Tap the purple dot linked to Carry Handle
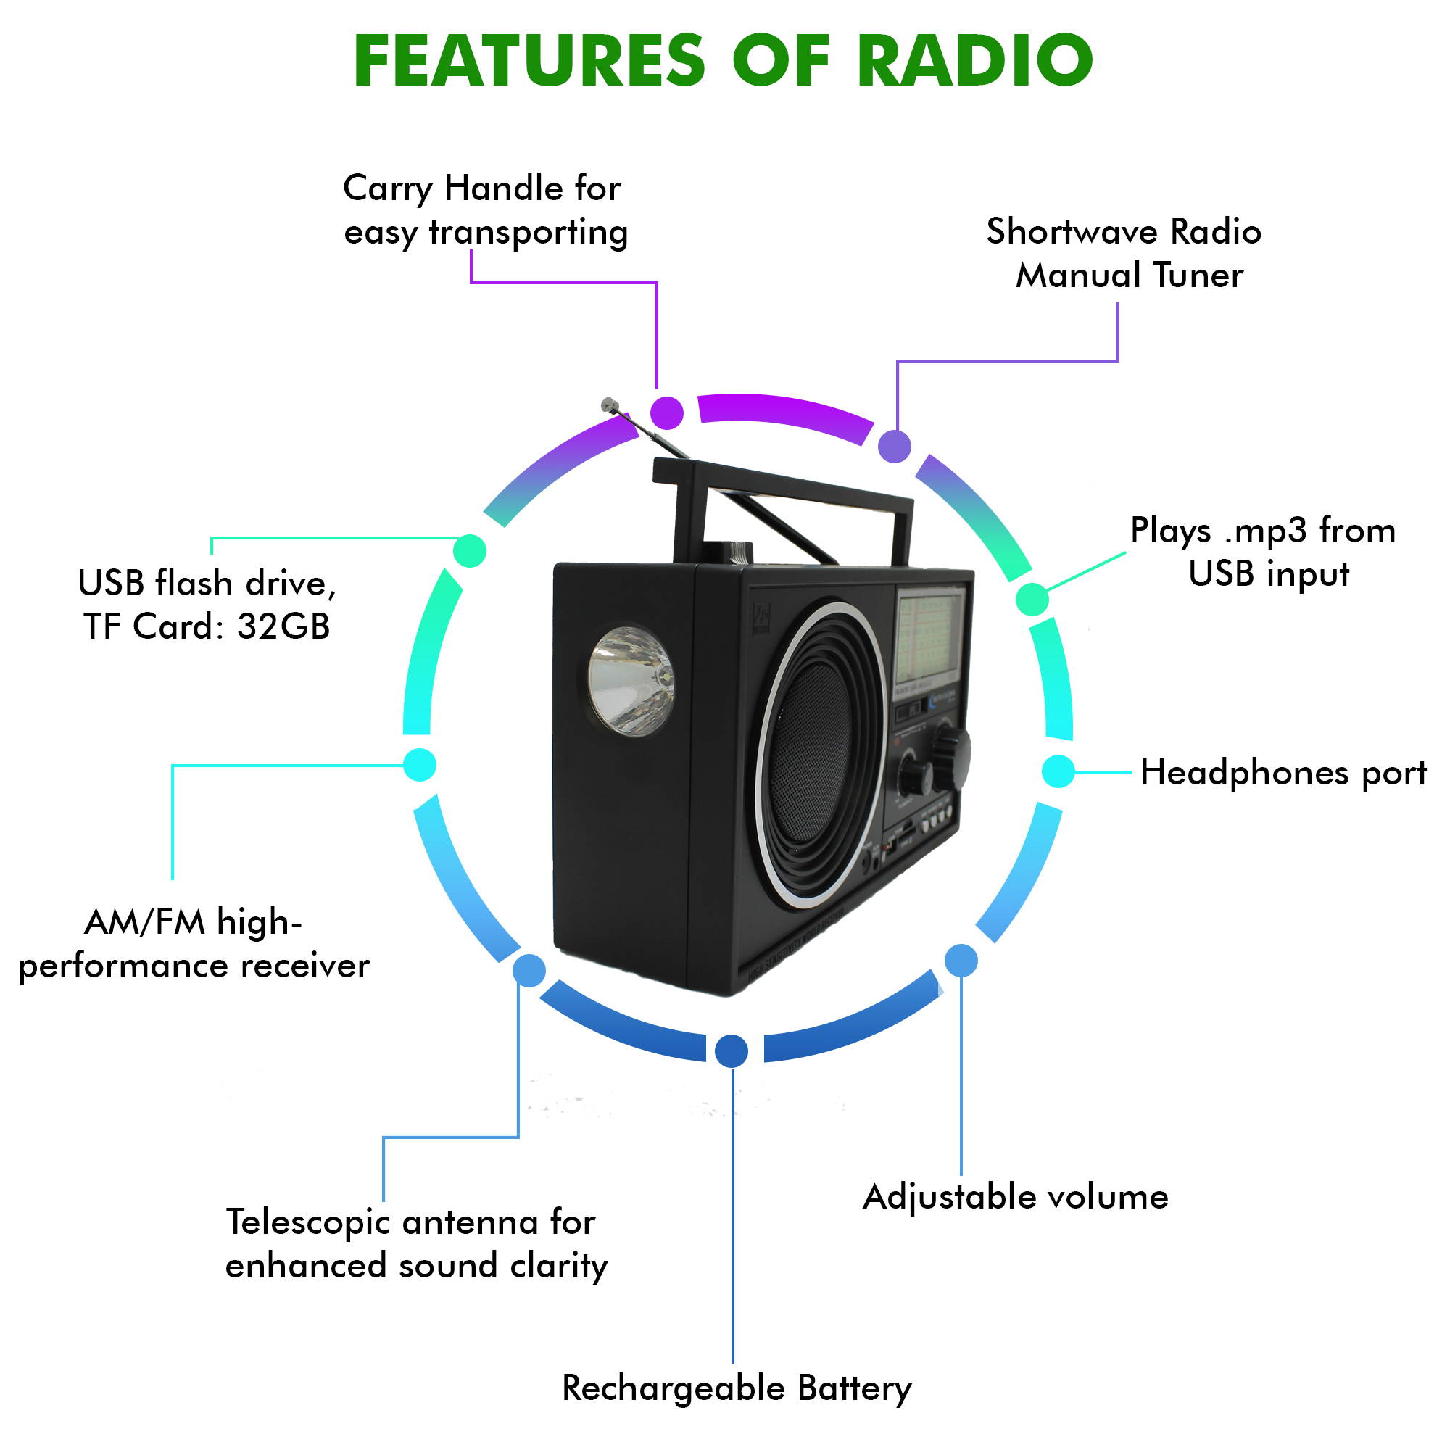coord(666,412)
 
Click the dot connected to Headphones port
coord(1058,771)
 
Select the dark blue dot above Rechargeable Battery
coord(731,1051)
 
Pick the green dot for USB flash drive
coord(470,551)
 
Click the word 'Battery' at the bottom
coord(854,1388)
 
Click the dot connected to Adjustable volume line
coord(961,961)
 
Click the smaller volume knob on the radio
coord(915,775)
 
